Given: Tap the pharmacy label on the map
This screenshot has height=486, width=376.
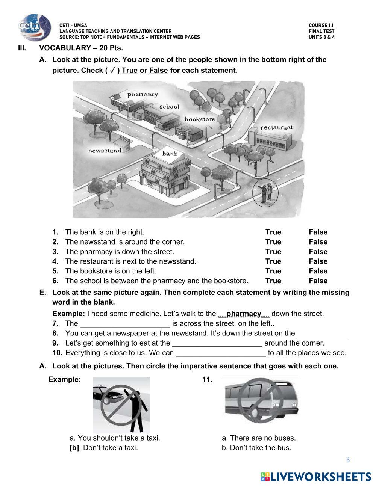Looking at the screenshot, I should point(143,94).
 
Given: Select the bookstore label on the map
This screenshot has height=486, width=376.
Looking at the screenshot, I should point(200,119).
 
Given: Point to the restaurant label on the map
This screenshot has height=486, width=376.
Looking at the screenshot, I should point(276,127).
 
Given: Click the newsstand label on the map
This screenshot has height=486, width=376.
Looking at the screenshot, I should point(105,151).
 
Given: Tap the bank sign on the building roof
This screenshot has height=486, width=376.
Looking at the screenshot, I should point(170,153).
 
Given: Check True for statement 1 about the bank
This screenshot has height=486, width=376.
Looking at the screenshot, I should point(273,232).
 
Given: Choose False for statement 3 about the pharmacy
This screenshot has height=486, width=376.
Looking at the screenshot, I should point(318,252).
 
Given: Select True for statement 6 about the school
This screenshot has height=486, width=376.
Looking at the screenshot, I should point(273,281).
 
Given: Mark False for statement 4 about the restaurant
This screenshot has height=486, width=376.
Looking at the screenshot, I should point(318,261).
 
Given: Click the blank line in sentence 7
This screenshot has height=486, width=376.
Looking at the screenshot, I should point(126,324).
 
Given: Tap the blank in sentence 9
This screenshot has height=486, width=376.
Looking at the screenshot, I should point(217,343).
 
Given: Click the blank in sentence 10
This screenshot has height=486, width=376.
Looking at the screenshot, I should point(221,353).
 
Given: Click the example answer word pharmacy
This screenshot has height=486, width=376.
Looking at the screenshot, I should point(244,314).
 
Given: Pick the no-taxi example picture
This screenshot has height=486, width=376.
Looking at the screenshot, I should point(121,405).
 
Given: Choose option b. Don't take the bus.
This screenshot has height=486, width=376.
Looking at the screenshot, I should point(256,448).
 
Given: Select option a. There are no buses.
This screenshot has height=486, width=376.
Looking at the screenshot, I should point(259,438).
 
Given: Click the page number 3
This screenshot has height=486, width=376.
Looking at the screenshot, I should point(348,460).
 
